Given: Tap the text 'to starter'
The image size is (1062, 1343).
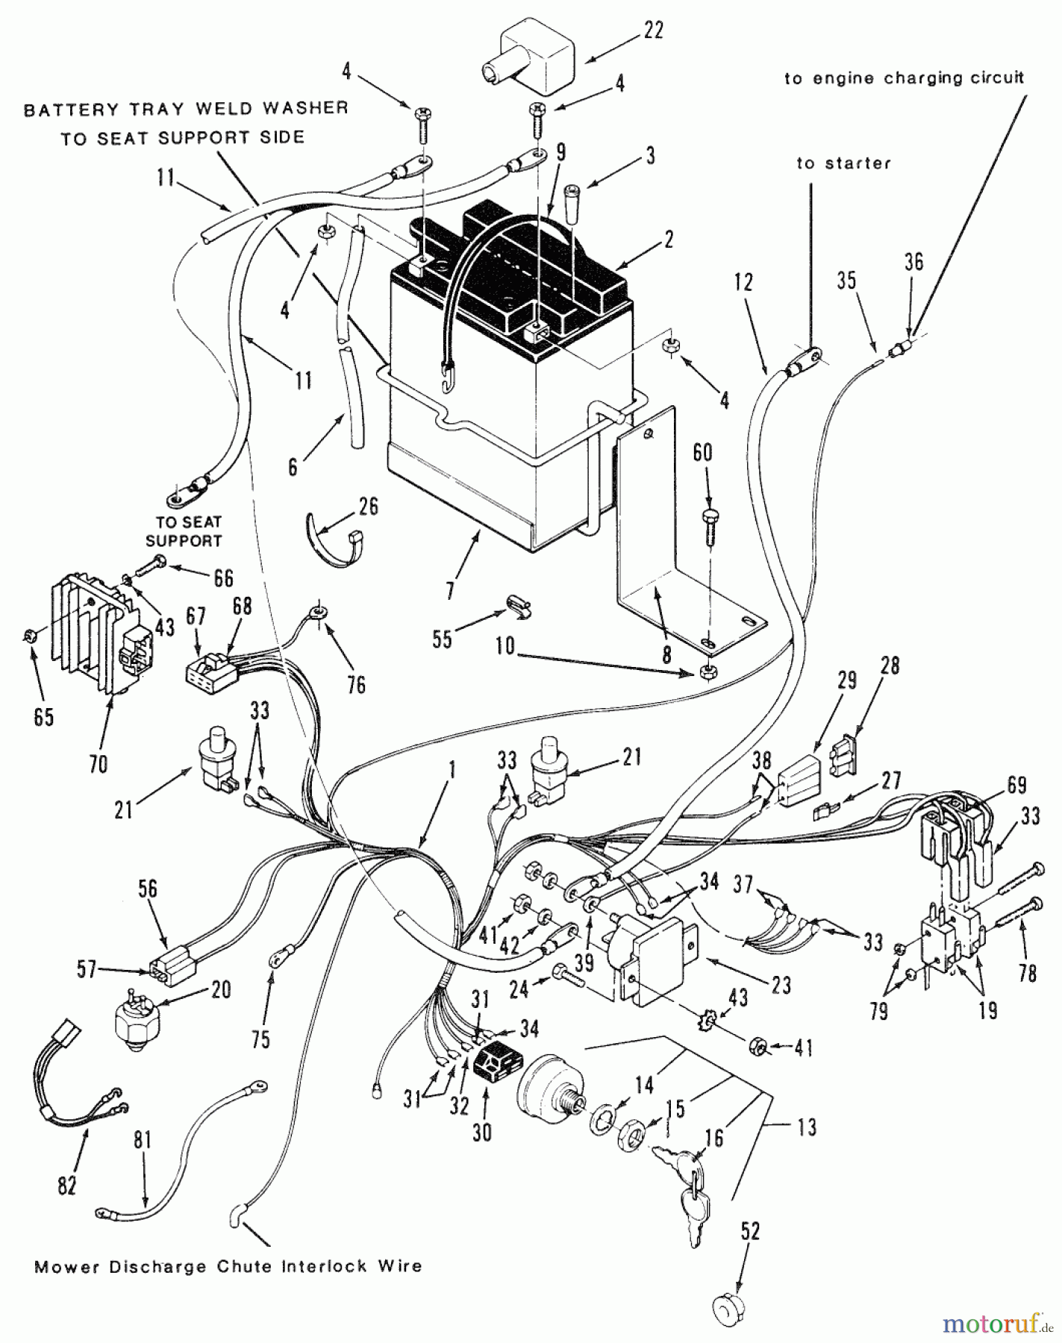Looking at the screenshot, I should (x=843, y=163).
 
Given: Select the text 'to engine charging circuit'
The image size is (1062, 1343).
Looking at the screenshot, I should (x=904, y=78).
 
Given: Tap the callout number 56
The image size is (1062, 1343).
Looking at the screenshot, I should (x=149, y=887).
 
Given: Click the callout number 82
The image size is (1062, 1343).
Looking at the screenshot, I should (x=66, y=1185).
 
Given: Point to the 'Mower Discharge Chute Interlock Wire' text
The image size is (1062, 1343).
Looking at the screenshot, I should (x=228, y=1266).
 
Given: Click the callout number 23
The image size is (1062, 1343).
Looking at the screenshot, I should (x=781, y=985).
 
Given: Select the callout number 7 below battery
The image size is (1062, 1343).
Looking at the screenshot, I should (x=449, y=591).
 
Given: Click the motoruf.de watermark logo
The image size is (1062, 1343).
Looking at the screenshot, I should (x=992, y=1324).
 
